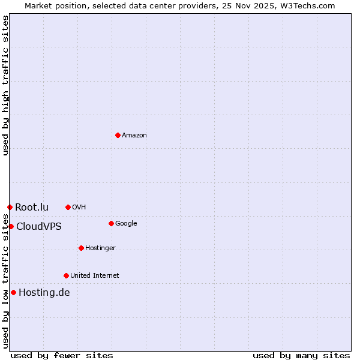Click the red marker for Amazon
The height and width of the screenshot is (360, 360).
[118, 135]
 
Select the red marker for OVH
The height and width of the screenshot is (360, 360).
[68, 207]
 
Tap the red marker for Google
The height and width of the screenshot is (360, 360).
[111, 223]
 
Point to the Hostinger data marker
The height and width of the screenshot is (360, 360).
[81, 248]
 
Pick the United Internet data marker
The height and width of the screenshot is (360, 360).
[66, 275]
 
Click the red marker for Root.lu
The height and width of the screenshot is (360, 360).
[10, 207]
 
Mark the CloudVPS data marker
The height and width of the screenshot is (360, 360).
[11, 226]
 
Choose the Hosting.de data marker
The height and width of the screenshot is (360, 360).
[13, 292]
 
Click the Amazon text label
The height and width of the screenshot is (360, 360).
[134, 136]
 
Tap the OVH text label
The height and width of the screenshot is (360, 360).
[79, 208]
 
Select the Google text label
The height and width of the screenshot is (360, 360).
[126, 224]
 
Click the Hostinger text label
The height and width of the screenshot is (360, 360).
[100, 248]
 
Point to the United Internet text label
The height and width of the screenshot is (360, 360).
[95, 276]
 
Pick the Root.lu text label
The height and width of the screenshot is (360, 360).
[32, 208]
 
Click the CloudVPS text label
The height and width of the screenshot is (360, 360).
[39, 227]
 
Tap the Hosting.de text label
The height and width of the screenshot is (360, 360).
[44, 293]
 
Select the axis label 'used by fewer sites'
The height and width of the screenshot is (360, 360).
[62, 355]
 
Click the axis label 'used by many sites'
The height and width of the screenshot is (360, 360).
[301, 355]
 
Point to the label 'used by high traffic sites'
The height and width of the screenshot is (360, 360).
[5, 85]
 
